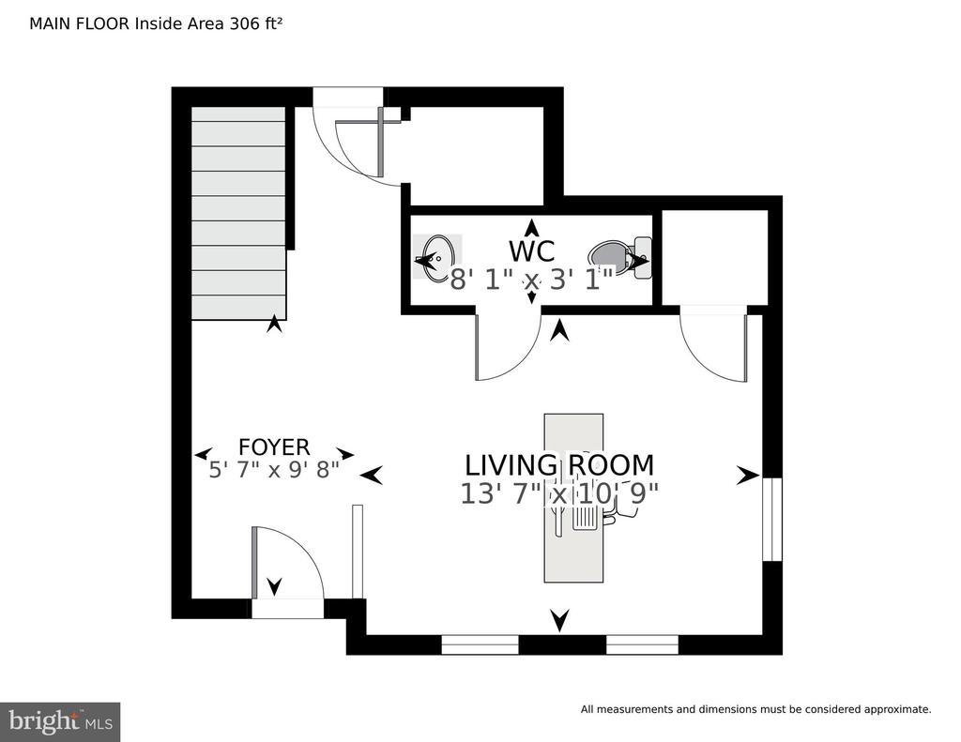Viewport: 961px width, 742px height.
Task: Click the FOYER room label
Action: tap(274, 447)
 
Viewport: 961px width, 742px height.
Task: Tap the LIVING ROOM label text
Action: tap(559, 465)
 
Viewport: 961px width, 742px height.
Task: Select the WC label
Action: tap(531, 251)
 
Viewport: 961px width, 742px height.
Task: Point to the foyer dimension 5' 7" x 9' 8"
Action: tap(274, 470)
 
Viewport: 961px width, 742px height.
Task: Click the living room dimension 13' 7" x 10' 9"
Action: tap(559, 493)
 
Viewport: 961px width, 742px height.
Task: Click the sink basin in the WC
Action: tap(437, 257)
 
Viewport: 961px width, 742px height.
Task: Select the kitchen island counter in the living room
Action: tap(573, 497)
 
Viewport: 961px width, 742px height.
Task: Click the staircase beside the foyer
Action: tap(238, 213)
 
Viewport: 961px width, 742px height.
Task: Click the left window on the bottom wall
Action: tap(480, 644)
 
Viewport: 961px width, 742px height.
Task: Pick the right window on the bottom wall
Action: tap(642, 644)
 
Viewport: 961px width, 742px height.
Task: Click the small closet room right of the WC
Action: tap(714, 257)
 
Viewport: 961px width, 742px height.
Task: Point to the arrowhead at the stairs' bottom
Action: tap(275, 324)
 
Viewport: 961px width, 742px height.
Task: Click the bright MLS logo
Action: tap(60, 721)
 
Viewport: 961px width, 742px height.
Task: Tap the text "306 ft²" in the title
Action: tap(255, 23)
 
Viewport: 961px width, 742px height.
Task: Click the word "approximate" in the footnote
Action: tap(896, 709)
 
